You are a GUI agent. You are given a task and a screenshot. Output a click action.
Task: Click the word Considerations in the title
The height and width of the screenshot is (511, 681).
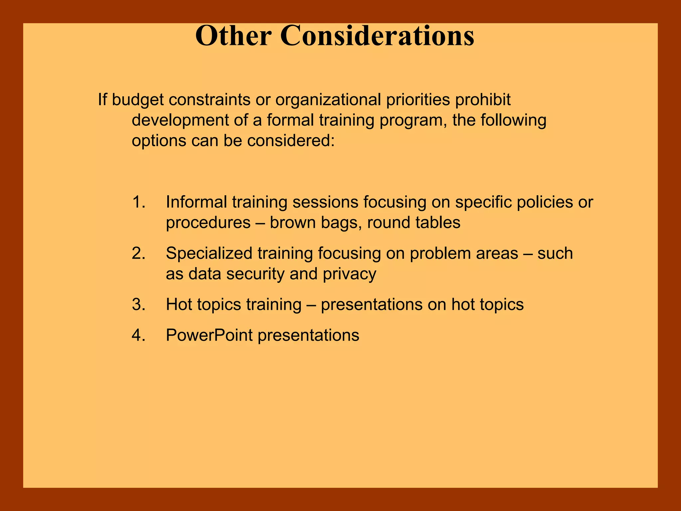point(377,36)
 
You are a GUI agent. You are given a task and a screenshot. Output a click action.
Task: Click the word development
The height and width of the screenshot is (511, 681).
point(180,120)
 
